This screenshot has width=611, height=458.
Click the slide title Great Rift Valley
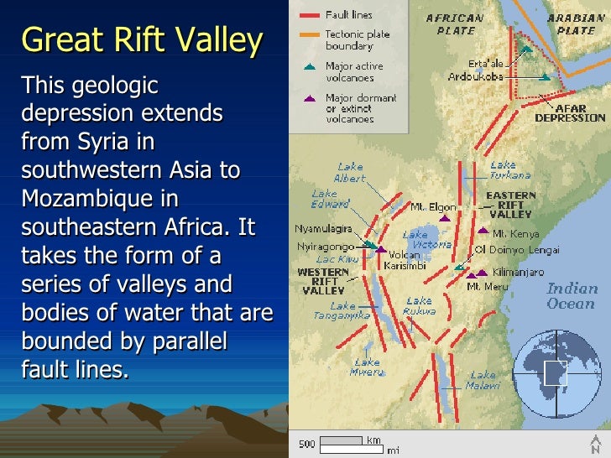[142, 39]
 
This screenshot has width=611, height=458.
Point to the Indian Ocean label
[572, 295]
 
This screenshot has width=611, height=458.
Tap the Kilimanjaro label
[518, 273]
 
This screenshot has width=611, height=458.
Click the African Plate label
[456, 23]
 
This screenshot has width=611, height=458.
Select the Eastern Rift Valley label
[510, 205]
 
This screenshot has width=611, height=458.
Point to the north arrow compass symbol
[595, 445]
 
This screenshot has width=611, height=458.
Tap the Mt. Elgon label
[433, 206]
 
